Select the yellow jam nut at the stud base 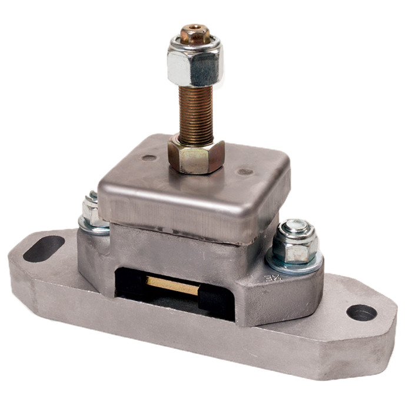coord(196,155)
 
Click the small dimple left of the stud coord(149,158)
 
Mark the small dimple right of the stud coord(245,172)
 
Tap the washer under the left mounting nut coord(93,225)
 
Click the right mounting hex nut coord(295,242)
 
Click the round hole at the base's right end coord(361,313)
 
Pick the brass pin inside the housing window coord(172,286)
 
